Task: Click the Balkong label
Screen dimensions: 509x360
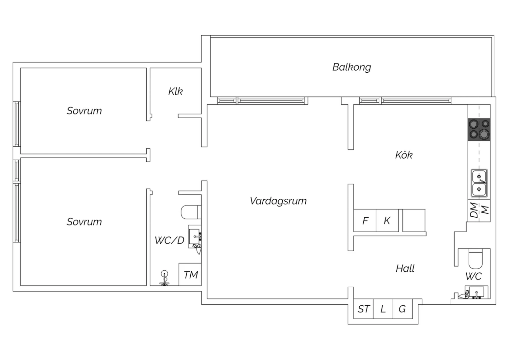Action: tap(352, 67)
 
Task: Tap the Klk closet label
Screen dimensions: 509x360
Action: tap(175, 91)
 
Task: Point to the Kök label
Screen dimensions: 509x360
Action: tap(404, 155)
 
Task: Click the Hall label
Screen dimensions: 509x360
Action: tap(405, 269)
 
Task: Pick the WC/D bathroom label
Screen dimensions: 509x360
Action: tap(170, 240)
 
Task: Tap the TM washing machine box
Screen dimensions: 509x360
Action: tap(190, 274)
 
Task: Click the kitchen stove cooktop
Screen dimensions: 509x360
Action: tap(479, 130)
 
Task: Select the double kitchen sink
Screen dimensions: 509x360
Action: tap(479, 183)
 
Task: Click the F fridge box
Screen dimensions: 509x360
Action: tap(365, 221)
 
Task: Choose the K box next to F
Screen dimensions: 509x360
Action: tap(387, 221)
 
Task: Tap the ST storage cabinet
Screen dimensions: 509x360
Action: tap(363, 309)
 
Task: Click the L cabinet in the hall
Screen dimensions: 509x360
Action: tap(383, 309)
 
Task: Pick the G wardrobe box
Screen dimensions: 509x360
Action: tap(403, 309)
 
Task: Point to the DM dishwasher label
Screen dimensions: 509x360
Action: tap(474, 210)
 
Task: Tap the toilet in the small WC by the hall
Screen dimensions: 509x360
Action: tap(476, 259)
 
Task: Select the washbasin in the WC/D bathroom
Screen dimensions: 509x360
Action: tap(195, 236)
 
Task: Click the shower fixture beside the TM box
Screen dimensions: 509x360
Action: tap(164, 278)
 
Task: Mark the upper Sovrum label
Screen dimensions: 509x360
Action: tap(84, 111)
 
